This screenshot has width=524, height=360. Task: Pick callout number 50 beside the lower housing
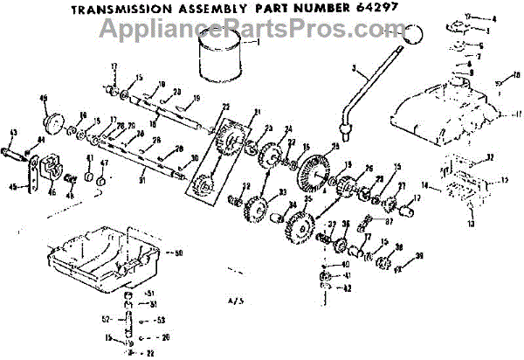(178, 253)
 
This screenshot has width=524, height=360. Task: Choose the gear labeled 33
(257, 211)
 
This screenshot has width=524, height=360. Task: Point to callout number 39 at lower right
(420, 255)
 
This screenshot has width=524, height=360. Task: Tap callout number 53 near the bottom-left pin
(162, 321)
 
